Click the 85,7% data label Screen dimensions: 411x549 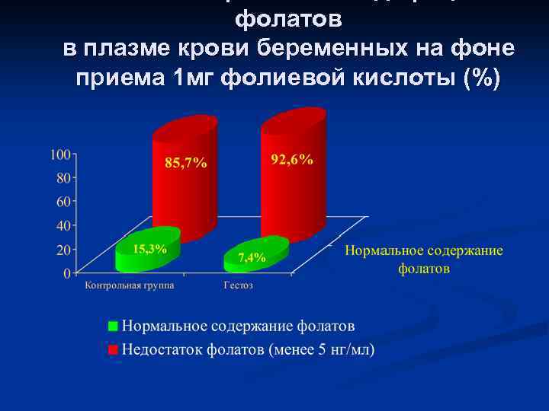coord(185,164)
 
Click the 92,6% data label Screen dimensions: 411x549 coord(292,159)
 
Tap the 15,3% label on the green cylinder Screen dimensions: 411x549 coord(149,249)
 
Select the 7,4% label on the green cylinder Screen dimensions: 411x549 coord(252,258)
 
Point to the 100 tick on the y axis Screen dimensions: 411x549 coord(59,155)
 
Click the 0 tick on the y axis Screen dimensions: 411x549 coord(66,272)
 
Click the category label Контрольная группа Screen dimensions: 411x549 coord(129,286)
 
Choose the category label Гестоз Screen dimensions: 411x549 coord(239,286)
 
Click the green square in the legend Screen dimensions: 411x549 coord(113,327)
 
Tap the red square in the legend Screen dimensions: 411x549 coord(113,350)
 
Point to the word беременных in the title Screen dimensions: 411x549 coord(333,49)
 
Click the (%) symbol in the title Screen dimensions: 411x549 coord(483,77)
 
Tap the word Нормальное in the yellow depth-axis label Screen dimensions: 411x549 coord(384,251)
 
